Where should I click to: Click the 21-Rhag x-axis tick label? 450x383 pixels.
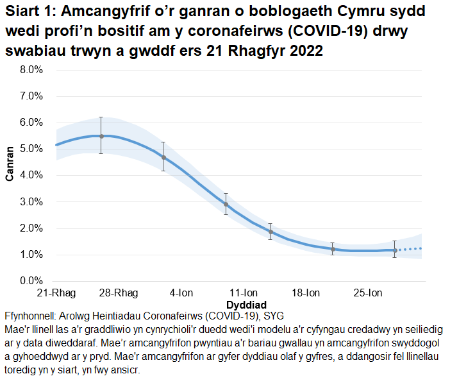pyautogui.click(x=56, y=293)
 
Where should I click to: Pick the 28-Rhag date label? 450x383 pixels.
pyautogui.click(x=118, y=293)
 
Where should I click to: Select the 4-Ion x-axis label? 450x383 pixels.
pyautogui.click(x=181, y=293)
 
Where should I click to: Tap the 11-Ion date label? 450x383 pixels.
pyautogui.click(x=244, y=293)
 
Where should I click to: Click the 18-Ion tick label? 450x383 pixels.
pyautogui.click(x=305, y=293)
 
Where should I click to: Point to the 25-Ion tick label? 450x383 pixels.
pyautogui.click(x=368, y=293)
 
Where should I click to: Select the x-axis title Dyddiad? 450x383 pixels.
pyautogui.click(x=247, y=303)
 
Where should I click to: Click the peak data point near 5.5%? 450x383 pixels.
pyautogui.click(x=101, y=136)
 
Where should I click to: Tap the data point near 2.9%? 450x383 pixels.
pyautogui.click(x=226, y=204)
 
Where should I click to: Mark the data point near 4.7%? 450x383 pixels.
pyautogui.click(x=163, y=157)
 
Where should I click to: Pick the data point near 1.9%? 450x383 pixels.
pyautogui.click(x=271, y=232)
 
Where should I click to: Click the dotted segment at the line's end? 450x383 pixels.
pyautogui.click(x=410, y=249)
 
